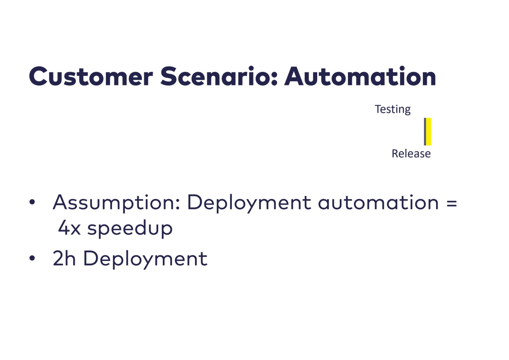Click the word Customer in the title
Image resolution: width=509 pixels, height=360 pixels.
pyautogui.click(x=91, y=76)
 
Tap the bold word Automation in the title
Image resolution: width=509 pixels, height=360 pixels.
pyautogui.click(x=360, y=76)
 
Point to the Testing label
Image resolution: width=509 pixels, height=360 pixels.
pyautogui.click(x=393, y=109)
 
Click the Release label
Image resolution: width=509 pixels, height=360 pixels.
pyautogui.click(x=411, y=153)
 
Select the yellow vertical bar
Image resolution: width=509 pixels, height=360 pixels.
pyautogui.click(x=429, y=132)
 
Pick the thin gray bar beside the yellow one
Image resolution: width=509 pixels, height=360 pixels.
pyautogui.click(x=425, y=132)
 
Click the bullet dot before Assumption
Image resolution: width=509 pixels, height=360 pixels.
pyautogui.click(x=32, y=202)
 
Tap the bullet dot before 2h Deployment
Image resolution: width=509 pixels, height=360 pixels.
pyautogui.click(x=32, y=258)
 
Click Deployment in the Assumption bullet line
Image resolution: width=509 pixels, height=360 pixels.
pyautogui.click(x=249, y=203)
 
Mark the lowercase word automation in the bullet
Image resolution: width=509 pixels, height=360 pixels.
pyautogui.click(x=378, y=202)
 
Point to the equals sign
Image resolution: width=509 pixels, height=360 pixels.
pyautogui.click(x=451, y=203)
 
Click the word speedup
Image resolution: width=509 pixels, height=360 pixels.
pyautogui.click(x=130, y=229)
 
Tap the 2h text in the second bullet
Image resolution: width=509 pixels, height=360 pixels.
pyautogui.click(x=64, y=258)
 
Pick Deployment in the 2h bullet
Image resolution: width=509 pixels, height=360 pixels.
pyautogui.click(x=145, y=259)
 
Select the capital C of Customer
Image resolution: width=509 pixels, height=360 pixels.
pyautogui.click(x=38, y=76)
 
